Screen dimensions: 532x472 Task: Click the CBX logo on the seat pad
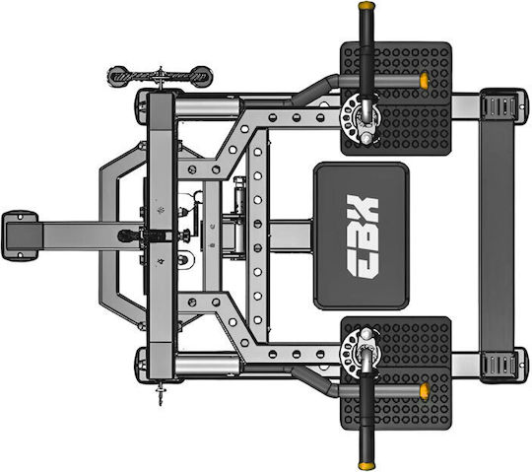click(362, 236)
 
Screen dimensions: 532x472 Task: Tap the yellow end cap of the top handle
click(366, 6)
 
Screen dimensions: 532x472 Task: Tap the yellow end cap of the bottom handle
click(366, 466)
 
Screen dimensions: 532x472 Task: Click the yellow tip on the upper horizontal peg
click(424, 81)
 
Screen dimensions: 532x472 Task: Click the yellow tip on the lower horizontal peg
click(424, 391)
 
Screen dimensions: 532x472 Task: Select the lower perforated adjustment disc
click(360, 353)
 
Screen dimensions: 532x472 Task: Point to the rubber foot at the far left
click(20, 236)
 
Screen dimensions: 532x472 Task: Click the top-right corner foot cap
click(503, 105)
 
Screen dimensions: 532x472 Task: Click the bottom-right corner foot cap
click(503, 366)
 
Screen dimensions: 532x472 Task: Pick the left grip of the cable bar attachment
click(118, 77)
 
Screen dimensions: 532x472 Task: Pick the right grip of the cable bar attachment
click(202, 77)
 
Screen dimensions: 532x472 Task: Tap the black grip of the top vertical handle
click(366, 52)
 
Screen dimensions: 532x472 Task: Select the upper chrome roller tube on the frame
click(207, 106)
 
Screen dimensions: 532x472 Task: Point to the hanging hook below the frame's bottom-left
click(161, 393)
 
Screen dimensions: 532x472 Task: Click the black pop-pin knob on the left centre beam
click(125, 236)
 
